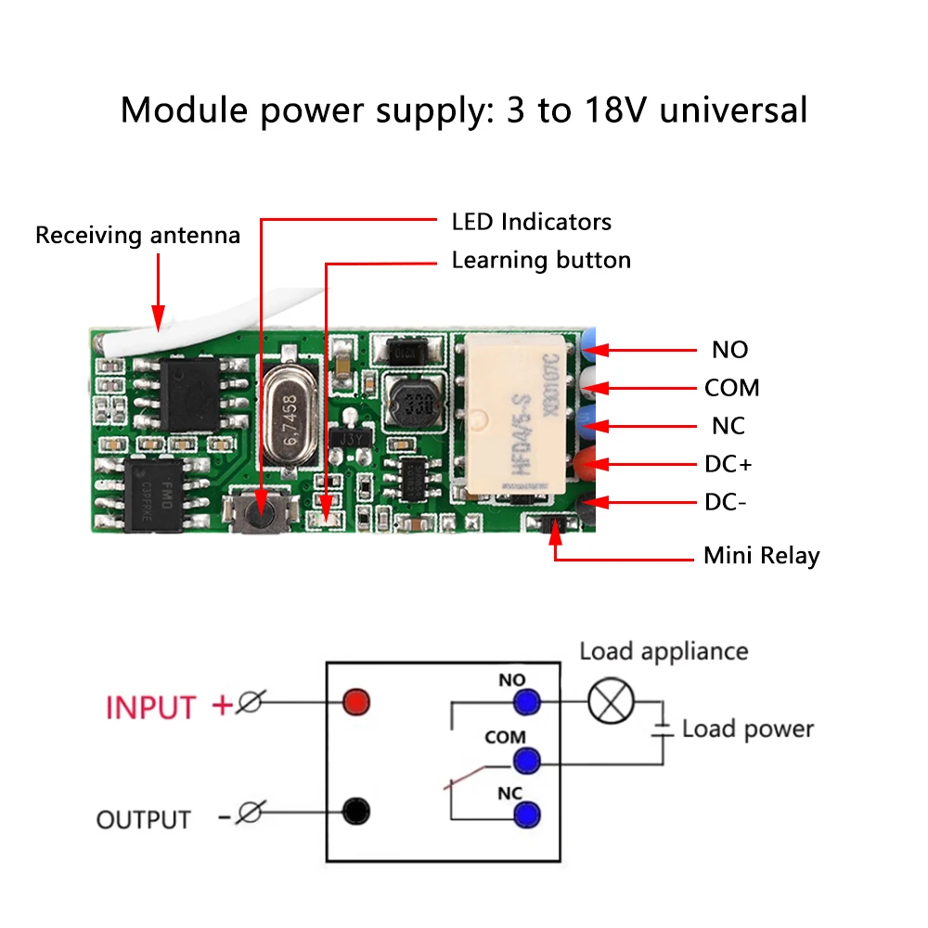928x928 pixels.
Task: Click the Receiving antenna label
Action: coord(137,236)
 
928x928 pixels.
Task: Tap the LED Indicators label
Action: coord(531,223)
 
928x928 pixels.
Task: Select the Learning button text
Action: coord(541,261)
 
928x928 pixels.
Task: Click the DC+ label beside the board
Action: coord(728,464)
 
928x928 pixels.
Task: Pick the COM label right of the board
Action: coord(731,388)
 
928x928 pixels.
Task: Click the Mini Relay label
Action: coord(761,557)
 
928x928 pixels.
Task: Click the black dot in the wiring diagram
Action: coord(354,812)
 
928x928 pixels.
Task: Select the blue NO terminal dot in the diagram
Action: coord(528,702)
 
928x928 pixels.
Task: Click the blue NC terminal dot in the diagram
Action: coord(528,816)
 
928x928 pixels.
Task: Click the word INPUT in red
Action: coord(151,707)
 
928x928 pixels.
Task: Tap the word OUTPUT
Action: coord(143,820)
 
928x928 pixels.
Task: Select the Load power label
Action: coord(747,729)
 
